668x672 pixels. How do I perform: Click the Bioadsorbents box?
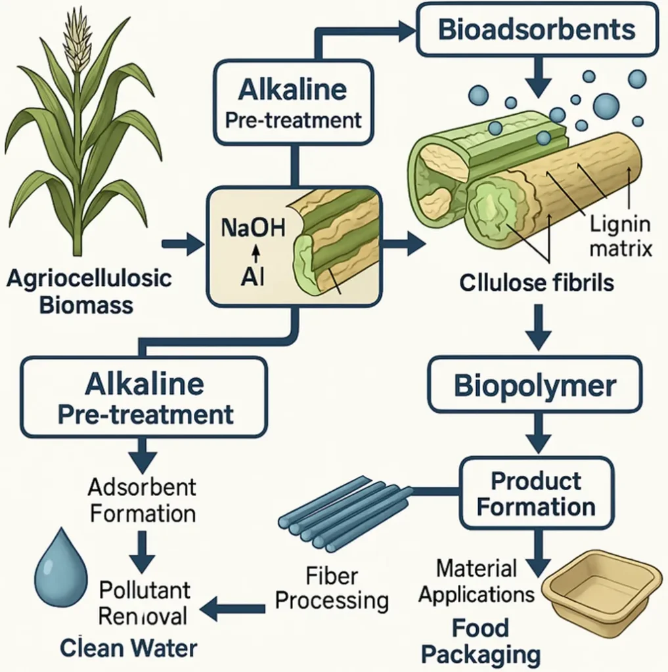536,30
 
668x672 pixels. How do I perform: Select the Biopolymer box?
535,386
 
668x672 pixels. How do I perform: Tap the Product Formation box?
536,493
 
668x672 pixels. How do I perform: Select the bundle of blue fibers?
342,513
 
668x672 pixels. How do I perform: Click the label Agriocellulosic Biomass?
89,291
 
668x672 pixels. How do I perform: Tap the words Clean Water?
129,648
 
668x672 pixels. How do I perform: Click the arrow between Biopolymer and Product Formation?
535,435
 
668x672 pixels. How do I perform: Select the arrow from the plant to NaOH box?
183,245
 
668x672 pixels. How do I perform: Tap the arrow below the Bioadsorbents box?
537,77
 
